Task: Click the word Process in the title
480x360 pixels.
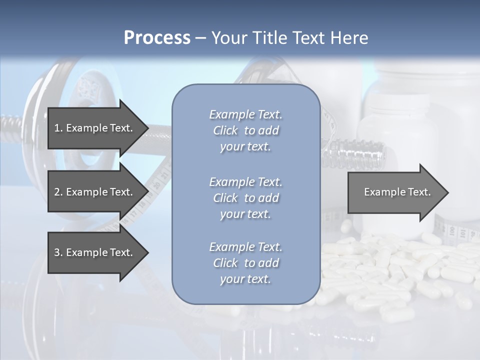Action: click(157, 38)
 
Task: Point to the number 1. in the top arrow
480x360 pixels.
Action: click(58, 128)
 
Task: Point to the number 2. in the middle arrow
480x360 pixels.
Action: click(58, 192)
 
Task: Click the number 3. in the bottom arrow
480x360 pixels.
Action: click(58, 252)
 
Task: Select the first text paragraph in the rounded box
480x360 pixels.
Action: click(245, 130)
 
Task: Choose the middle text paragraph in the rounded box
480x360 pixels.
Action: click(245, 198)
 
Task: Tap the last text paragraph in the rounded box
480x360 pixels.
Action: click(245, 263)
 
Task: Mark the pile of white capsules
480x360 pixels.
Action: click(400, 275)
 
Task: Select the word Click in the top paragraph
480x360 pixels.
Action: click(225, 130)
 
